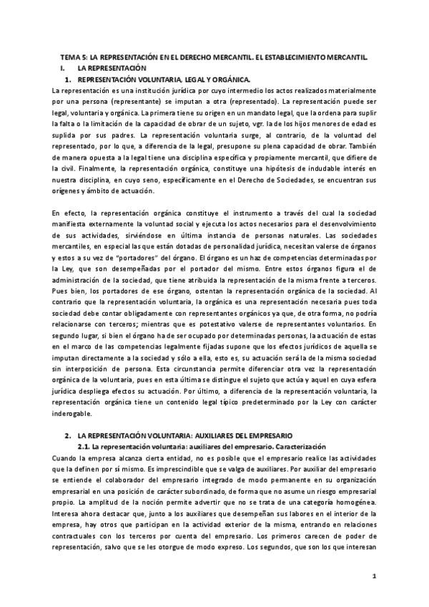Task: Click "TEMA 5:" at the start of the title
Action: click(71, 57)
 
